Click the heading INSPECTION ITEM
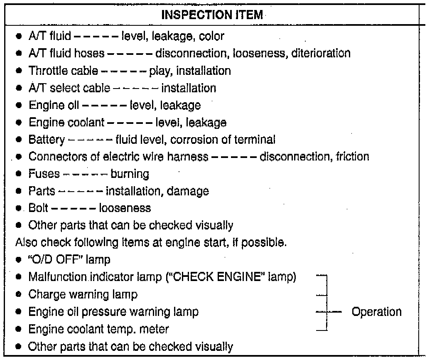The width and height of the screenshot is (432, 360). click(x=212, y=15)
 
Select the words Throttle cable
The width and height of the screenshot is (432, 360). click(x=63, y=71)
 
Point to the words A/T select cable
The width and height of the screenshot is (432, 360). click(x=69, y=88)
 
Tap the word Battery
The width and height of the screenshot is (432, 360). click(x=46, y=140)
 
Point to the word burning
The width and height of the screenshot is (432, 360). click(x=130, y=174)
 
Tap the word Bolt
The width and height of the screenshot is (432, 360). click(x=39, y=208)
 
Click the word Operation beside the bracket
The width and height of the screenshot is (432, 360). click(x=376, y=312)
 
